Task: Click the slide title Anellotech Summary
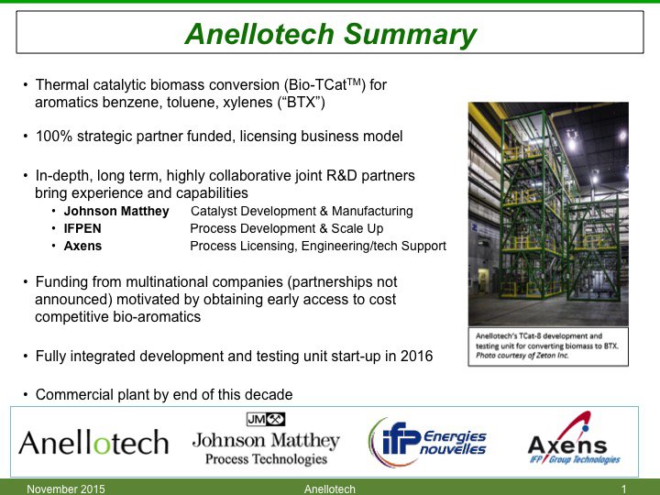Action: tap(330, 35)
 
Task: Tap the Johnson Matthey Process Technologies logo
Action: tap(266, 441)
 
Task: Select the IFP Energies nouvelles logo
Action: tap(427, 441)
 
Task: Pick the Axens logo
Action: tap(573, 442)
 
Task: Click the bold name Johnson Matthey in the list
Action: tap(116, 211)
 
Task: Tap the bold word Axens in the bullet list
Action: tap(82, 246)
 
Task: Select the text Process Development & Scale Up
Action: tap(286, 228)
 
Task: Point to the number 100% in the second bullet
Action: tap(52, 137)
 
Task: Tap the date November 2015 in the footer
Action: tap(66, 489)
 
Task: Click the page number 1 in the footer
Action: tap(623, 489)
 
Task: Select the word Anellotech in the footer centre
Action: tap(329, 489)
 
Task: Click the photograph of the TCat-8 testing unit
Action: tap(547, 213)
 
